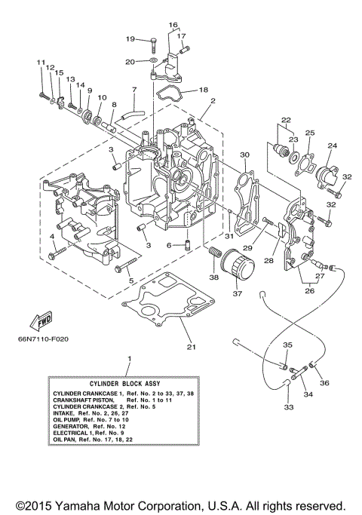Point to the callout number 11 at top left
click(40, 61)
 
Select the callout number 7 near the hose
click(133, 90)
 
